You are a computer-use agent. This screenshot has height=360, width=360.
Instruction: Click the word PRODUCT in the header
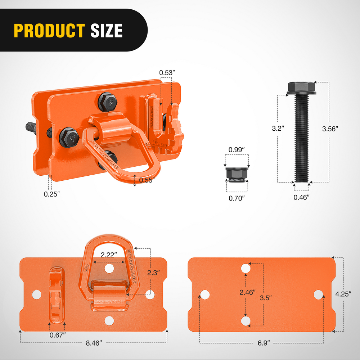(49, 31)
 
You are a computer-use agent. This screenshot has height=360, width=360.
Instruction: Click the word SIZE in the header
(106, 31)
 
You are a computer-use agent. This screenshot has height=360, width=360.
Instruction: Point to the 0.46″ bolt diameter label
(301, 197)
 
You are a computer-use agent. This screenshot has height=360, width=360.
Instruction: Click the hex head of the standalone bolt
(302, 87)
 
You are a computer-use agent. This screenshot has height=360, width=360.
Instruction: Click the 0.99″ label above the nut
(237, 149)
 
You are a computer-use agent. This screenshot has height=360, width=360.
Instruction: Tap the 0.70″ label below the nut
(237, 198)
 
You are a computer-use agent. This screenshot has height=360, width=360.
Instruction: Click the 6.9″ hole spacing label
(261, 343)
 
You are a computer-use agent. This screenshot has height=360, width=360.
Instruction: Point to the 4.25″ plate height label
(343, 293)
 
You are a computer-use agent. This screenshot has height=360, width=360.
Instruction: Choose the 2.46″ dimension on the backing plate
(247, 292)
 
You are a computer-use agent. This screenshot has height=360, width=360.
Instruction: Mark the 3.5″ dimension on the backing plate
(266, 298)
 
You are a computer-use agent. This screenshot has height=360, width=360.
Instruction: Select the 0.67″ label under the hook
(58, 335)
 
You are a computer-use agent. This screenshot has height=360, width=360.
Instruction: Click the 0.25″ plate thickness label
(51, 194)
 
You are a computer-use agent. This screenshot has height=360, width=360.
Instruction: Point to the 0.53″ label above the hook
(167, 72)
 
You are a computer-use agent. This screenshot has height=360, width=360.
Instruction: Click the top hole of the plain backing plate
(246, 268)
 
